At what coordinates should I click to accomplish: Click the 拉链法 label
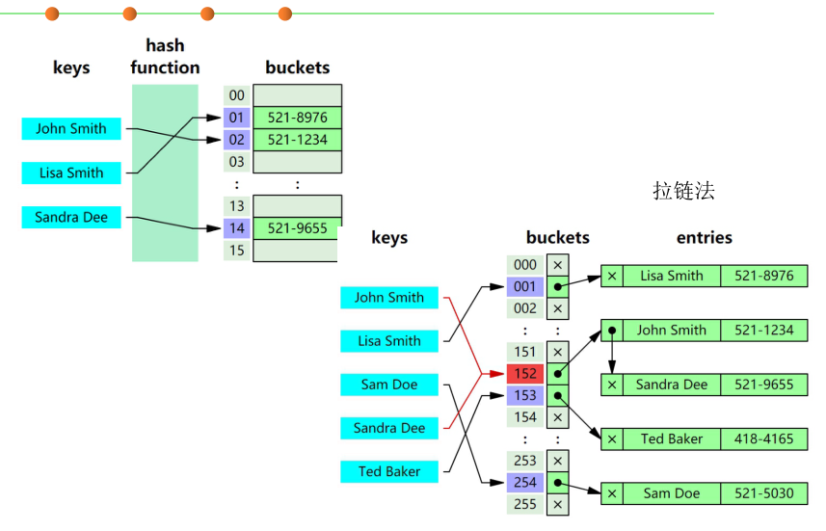pos(683,191)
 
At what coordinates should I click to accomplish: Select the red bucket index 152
pos(525,374)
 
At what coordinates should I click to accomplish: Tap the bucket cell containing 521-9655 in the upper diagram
pos(297,228)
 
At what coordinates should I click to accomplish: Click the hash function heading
pos(165,57)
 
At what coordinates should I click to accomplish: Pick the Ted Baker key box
pos(389,471)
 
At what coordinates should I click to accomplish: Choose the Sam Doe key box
pos(389,385)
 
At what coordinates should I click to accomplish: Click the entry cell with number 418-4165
pos(764,438)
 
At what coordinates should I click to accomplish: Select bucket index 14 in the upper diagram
pos(237,228)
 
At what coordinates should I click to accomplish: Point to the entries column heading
pos(704,237)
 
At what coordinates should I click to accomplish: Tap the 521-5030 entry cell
pos(764,493)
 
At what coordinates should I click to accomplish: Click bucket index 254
pos(525,482)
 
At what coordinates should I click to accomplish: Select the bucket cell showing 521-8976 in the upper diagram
pos(297,118)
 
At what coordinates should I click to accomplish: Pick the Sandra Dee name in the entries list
pos(672,385)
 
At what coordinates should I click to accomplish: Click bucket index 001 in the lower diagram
pos(525,286)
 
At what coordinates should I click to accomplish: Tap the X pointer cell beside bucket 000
pos(557,265)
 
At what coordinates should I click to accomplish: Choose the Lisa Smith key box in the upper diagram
pos(71,173)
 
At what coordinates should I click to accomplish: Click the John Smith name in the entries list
pos(672,330)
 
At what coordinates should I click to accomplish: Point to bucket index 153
pos(525,395)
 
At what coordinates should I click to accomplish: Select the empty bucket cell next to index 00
pos(297,95)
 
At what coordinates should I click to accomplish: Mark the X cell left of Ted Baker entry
pos(611,438)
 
